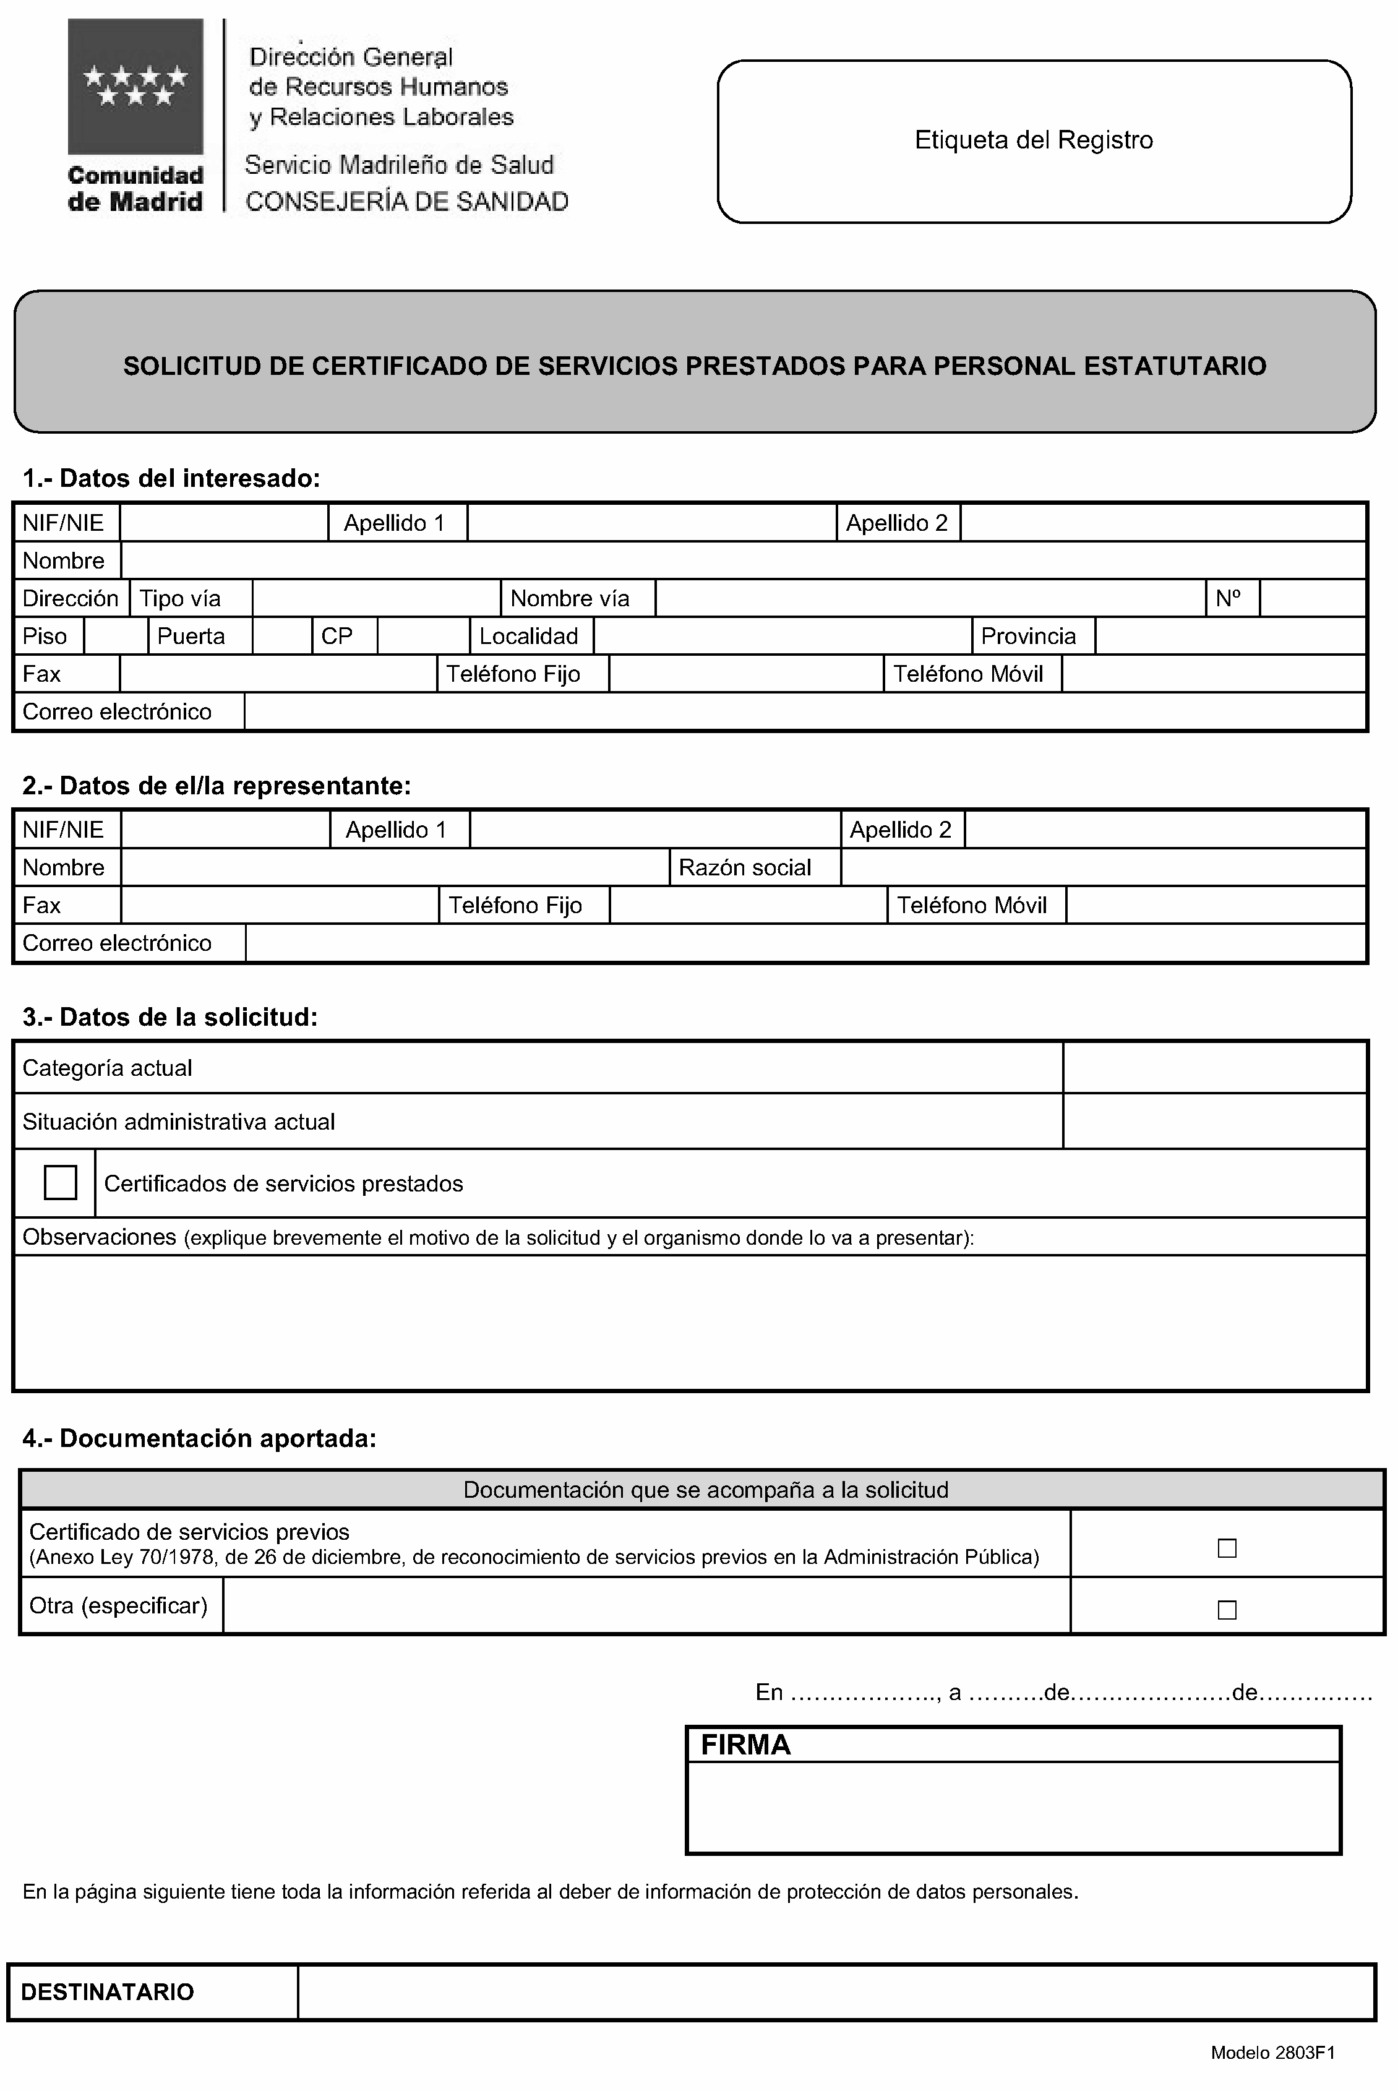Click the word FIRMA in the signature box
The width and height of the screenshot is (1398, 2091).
(x=745, y=1745)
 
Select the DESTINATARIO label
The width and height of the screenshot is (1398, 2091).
(x=107, y=1992)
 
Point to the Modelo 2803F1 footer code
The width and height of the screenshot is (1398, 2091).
(x=1272, y=2053)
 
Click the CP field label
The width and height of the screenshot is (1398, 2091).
(x=337, y=636)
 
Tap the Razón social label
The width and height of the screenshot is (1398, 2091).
(x=745, y=867)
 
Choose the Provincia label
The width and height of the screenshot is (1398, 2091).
(x=1028, y=636)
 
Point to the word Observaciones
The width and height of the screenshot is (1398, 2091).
(x=99, y=1237)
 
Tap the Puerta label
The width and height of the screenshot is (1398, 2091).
(x=191, y=636)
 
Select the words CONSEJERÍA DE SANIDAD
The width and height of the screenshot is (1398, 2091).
(x=406, y=202)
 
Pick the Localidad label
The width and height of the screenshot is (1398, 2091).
(x=529, y=636)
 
